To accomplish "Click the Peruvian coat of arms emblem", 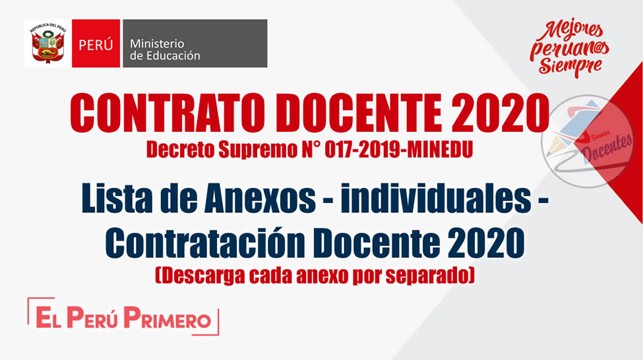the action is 47,44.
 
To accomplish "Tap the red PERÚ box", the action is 96,44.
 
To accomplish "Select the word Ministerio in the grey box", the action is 157,44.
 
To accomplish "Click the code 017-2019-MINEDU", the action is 398,150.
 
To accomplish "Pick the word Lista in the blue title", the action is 117,199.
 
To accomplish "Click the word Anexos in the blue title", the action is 260,199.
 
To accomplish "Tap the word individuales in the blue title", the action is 435,198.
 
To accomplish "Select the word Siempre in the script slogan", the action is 570,65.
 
